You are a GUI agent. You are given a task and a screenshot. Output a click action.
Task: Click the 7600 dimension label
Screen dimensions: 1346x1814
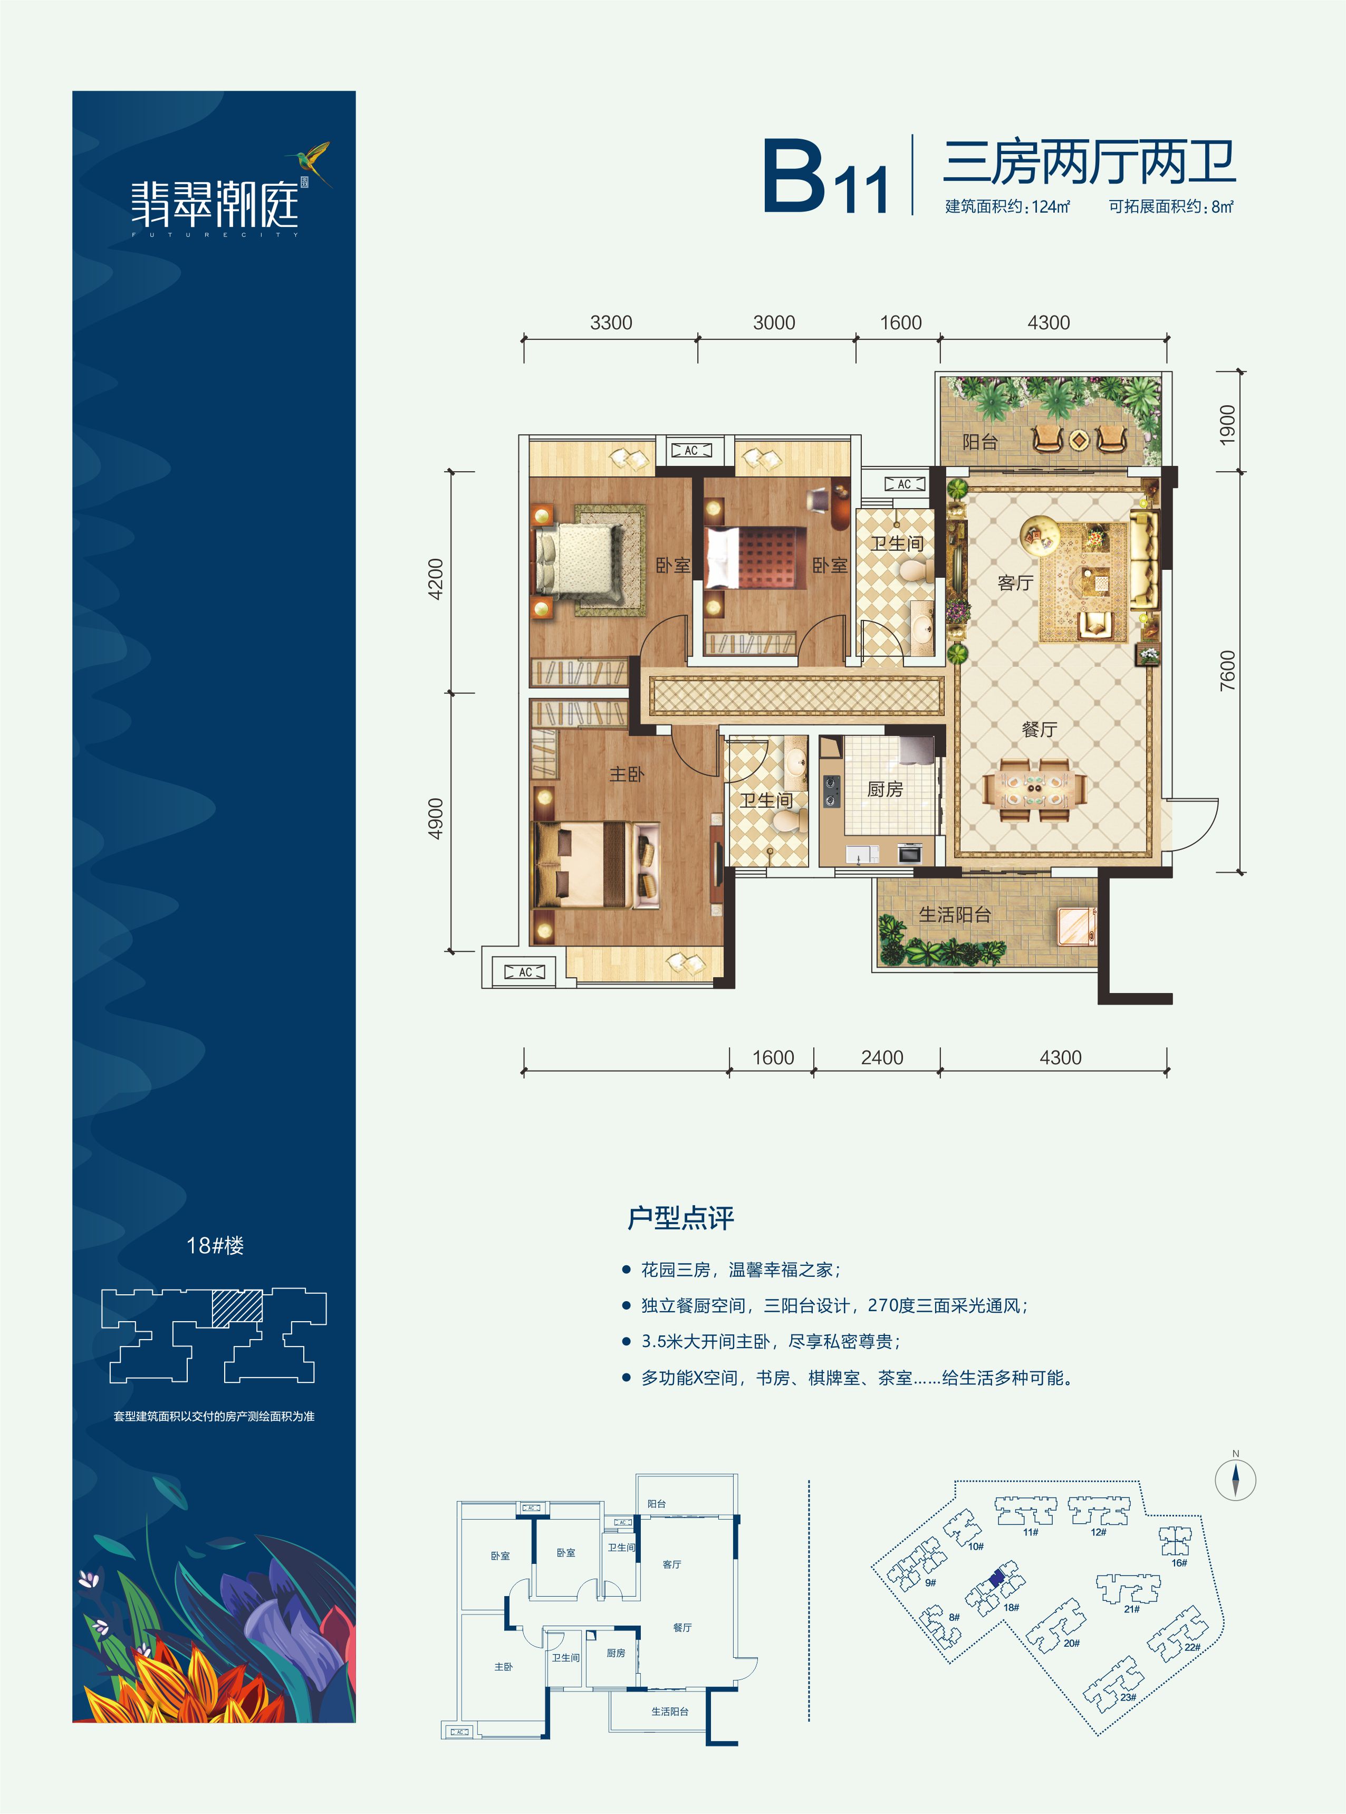click(x=1227, y=671)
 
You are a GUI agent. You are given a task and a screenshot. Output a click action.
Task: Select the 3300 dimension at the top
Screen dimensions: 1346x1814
click(x=611, y=323)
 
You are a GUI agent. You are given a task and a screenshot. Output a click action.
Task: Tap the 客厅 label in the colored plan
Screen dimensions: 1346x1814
click(x=1015, y=583)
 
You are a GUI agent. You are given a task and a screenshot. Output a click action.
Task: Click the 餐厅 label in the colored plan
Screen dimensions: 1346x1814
click(x=1039, y=729)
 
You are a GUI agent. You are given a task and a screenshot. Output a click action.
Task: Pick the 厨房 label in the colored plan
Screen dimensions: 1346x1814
click(x=885, y=789)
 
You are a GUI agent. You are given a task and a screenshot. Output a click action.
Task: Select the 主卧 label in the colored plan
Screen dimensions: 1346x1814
click(x=627, y=774)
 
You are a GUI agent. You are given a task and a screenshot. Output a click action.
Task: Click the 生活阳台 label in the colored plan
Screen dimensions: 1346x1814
click(x=955, y=914)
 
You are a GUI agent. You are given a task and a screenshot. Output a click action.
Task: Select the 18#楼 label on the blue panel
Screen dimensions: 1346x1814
click(x=215, y=1245)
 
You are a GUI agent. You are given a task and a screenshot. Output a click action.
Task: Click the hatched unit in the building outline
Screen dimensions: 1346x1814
click(x=237, y=1308)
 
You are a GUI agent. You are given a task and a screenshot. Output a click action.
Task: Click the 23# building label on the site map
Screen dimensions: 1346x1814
click(x=1128, y=1697)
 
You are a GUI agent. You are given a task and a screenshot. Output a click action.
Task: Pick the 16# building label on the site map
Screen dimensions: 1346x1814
click(x=1179, y=1562)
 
